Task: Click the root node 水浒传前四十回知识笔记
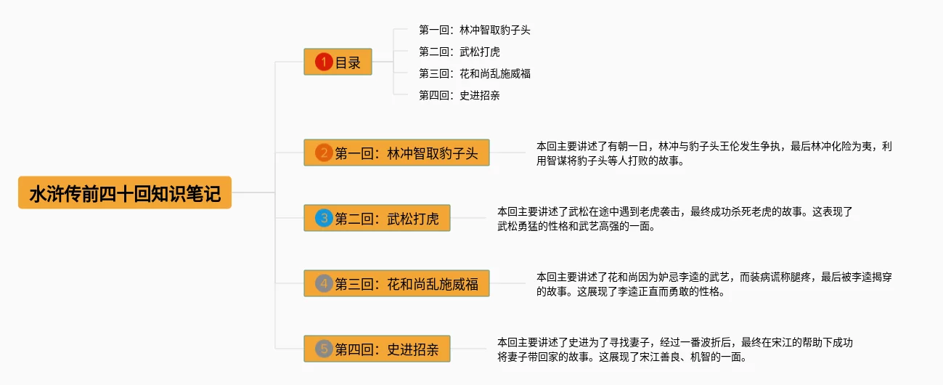point(125,193)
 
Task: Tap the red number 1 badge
point(324,62)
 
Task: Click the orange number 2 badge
point(324,153)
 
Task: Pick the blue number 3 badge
point(324,218)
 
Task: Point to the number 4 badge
point(324,283)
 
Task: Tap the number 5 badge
point(324,349)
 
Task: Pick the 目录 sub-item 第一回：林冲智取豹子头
point(480,31)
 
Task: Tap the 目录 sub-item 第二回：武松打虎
point(460,52)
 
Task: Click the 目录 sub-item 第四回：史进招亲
point(460,95)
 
